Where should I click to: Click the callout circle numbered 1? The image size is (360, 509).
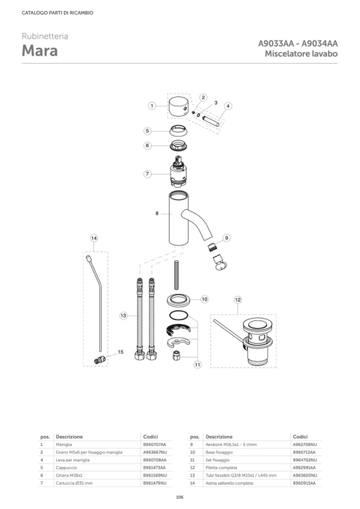click(152, 106)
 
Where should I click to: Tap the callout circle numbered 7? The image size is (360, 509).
click(148, 174)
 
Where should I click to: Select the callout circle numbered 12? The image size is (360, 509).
click(238, 300)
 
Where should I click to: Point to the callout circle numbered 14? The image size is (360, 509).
click(94, 238)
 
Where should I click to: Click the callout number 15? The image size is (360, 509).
click(121, 352)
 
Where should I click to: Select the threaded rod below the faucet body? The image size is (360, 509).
click(177, 274)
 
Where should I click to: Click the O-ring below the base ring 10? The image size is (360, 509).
click(178, 315)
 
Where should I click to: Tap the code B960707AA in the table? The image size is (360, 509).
click(155, 444)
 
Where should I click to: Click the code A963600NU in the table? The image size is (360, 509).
click(305, 476)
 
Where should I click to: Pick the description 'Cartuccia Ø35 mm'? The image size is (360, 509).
click(74, 484)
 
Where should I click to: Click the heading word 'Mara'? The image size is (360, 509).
click(40, 50)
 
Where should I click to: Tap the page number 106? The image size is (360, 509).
click(179, 497)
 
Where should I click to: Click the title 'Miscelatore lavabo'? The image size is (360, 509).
click(301, 54)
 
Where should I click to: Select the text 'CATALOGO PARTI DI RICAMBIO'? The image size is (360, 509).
click(57, 13)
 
